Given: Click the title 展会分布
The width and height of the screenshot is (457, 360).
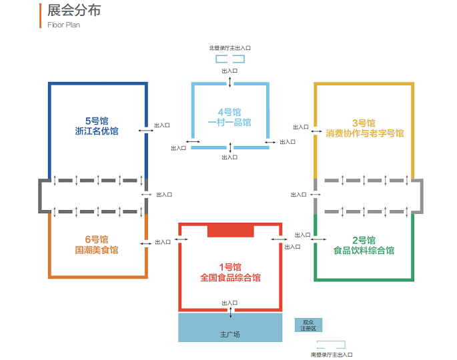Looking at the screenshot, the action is pos(74,11).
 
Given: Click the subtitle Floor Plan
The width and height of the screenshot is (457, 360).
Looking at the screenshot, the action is pos(63,25).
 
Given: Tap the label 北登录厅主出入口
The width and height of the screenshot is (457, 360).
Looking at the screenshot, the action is pos(230,48).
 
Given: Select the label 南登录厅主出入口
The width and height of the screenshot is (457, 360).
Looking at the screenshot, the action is pos(332,355).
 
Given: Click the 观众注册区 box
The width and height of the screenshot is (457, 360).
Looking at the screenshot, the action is pos(308,325).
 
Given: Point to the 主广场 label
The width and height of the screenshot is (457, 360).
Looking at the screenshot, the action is pos(230,335).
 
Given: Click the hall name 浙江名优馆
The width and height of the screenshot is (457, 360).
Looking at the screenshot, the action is pos(97,131).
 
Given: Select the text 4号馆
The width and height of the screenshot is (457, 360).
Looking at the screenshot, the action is pos(230,112).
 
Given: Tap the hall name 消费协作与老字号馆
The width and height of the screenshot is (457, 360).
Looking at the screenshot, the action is pos(365,133).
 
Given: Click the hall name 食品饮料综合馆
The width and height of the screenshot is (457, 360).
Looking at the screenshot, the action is pos(364,251).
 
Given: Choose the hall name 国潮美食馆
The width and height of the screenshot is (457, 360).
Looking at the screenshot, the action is pos(97,250).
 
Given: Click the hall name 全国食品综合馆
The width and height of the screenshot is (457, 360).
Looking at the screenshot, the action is pos(230,277).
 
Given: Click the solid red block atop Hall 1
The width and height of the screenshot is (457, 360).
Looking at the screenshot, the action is pos(231,231).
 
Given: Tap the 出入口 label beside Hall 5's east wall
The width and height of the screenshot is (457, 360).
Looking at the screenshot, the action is pos(162,125).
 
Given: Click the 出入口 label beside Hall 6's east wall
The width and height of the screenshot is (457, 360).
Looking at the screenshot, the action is pos(163,242).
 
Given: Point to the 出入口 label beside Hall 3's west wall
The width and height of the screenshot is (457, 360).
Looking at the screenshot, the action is pos(301,127).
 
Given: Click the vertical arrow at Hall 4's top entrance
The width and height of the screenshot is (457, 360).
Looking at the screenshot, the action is pos(230,82).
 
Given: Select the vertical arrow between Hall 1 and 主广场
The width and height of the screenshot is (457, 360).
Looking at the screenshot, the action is pos(231,312).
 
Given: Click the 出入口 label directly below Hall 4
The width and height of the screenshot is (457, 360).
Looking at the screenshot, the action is pos(230,157).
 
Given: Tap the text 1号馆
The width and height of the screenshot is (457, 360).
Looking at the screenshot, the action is pos(230,267).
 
